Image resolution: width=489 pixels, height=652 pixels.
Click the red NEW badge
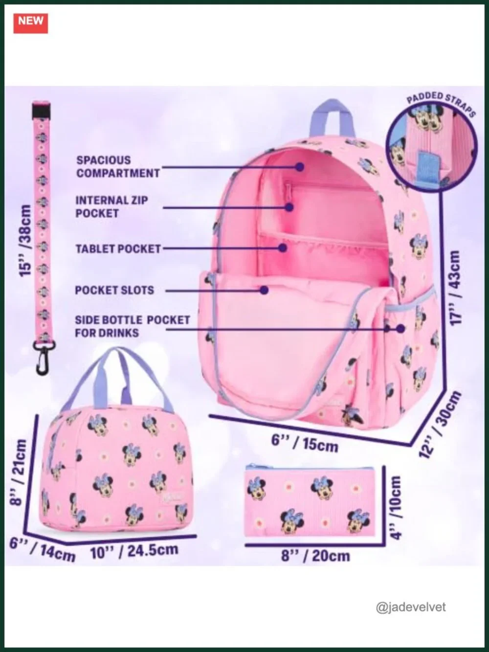pyautogui.click(x=31, y=23)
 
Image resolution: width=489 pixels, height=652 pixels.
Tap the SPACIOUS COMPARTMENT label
pyautogui.click(x=118, y=167)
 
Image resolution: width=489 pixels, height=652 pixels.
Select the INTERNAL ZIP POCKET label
pyautogui.click(x=111, y=206)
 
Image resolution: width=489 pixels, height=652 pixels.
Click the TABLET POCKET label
pyautogui.click(x=118, y=248)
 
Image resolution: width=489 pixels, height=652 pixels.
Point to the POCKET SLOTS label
pyautogui.click(x=114, y=290)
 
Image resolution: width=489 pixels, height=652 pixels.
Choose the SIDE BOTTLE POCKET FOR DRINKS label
pyautogui.click(x=133, y=326)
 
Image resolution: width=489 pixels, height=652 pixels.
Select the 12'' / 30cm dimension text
pyautogui.click(x=441, y=425)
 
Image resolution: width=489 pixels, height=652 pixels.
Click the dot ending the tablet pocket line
pyautogui.click(x=283, y=247)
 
